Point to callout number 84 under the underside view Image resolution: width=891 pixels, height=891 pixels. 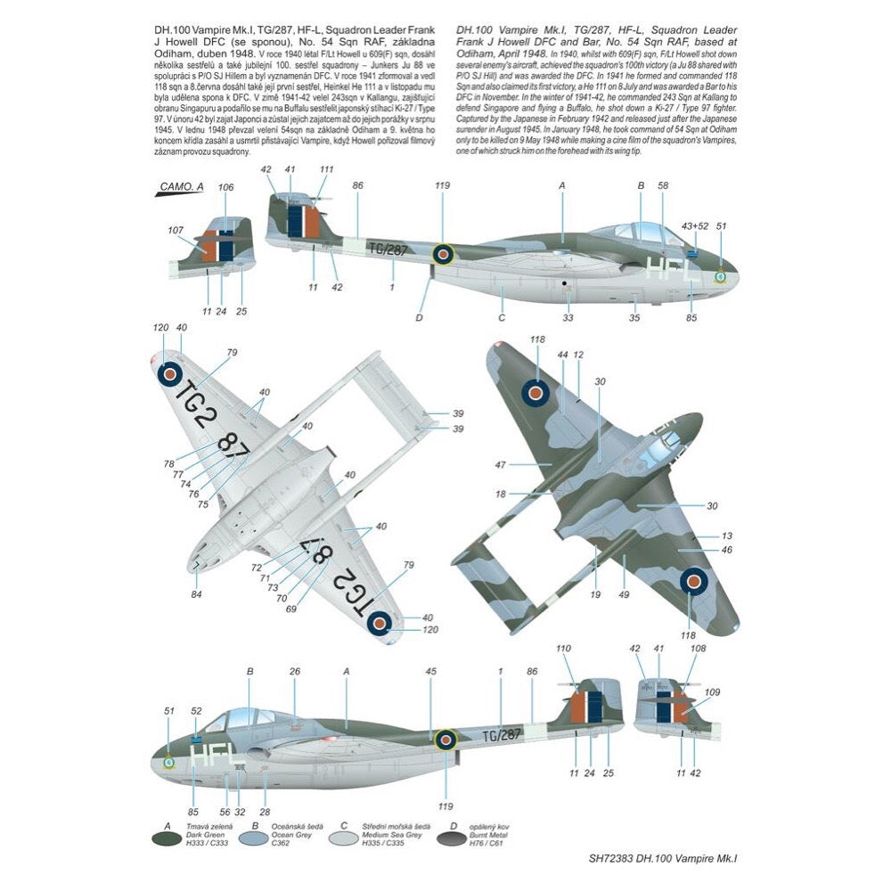196,594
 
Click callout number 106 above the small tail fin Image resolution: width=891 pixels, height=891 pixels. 225,187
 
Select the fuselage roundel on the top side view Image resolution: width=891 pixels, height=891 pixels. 443,255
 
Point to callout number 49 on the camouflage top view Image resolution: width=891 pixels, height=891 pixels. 625,594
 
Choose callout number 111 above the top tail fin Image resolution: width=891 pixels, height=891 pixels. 326,169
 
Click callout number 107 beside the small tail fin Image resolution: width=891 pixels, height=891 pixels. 175,230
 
